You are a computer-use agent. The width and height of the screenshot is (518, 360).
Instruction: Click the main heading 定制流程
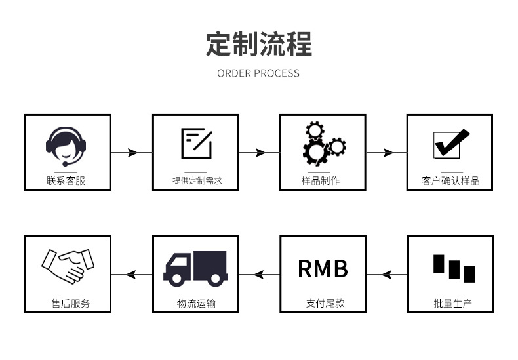pos(258,44)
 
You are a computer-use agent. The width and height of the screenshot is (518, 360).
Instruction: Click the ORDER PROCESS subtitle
pos(258,73)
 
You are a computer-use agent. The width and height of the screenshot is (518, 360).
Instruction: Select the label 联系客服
pos(67,180)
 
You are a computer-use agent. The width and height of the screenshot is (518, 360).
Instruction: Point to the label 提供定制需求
pos(196,180)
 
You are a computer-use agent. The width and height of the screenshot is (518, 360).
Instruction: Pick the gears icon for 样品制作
pos(323,144)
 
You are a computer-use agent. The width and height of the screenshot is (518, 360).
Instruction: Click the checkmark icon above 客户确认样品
pos(451,144)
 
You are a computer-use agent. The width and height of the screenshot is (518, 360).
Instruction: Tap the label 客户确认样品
pos(450,180)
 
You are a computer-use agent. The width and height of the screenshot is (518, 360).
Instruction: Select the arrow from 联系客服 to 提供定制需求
pos(132,153)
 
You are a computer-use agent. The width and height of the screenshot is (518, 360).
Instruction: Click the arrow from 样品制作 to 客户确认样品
pos(386,153)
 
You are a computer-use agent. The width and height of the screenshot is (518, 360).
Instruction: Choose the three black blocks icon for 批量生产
pos(453,268)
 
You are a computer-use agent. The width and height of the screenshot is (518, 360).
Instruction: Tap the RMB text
pos(323,268)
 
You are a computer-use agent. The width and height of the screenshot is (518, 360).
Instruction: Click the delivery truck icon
pos(195,268)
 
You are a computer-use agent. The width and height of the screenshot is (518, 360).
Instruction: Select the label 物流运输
pos(196,303)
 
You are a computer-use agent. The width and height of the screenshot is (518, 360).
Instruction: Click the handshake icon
pos(68,266)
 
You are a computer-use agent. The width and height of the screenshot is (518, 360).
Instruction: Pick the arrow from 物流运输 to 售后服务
pos(132,274)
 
